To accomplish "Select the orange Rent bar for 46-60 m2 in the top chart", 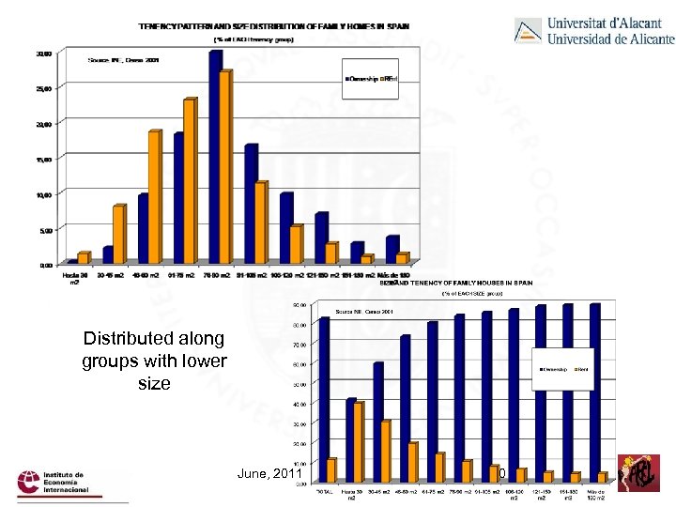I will click(x=154, y=197).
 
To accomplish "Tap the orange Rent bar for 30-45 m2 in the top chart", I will click(x=118, y=234).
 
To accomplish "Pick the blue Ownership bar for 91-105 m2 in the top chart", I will click(x=250, y=204).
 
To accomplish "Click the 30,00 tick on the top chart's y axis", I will click(x=44, y=54).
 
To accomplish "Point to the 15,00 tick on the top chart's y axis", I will click(x=44, y=160).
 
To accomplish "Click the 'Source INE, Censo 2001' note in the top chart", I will click(x=123, y=59).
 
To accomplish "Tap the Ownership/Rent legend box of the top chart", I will click(x=373, y=79).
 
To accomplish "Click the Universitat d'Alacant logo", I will click(x=594, y=31).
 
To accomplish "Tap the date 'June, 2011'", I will click(x=270, y=474).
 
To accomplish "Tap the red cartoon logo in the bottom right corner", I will click(x=641, y=472).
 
